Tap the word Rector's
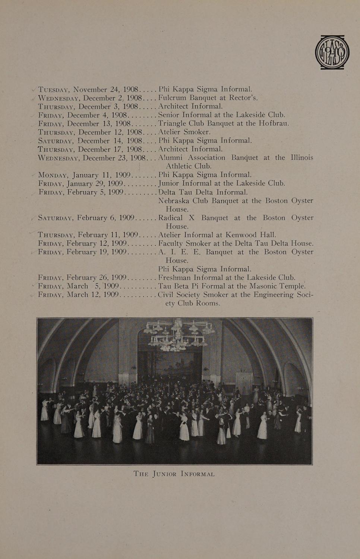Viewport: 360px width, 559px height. coord(243,98)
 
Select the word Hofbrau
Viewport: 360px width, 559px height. coord(274,123)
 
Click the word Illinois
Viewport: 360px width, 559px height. coord(302,157)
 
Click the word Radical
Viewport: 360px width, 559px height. coord(170,218)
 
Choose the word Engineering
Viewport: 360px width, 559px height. coord(274,295)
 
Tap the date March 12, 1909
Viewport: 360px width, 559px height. coord(99,295)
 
